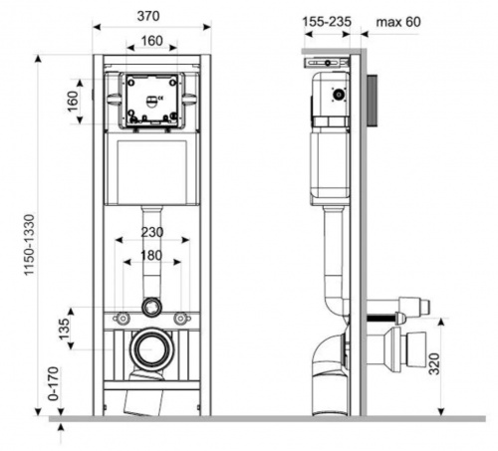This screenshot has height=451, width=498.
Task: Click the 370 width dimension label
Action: [x=148, y=16]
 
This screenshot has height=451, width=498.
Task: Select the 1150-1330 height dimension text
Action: [x=29, y=245]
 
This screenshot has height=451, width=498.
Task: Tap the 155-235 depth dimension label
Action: [x=327, y=22]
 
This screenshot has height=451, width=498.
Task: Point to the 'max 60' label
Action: [x=398, y=22]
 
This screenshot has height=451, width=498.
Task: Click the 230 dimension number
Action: [x=152, y=232]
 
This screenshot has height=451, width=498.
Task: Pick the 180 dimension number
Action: [x=151, y=255]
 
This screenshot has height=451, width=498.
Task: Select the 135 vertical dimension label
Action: [x=64, y=329]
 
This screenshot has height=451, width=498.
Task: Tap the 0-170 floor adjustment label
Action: [x=54, y=383]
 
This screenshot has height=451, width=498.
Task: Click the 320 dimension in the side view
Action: [x=433, y=363]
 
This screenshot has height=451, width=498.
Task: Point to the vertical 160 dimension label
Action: [x=73, y=102]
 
